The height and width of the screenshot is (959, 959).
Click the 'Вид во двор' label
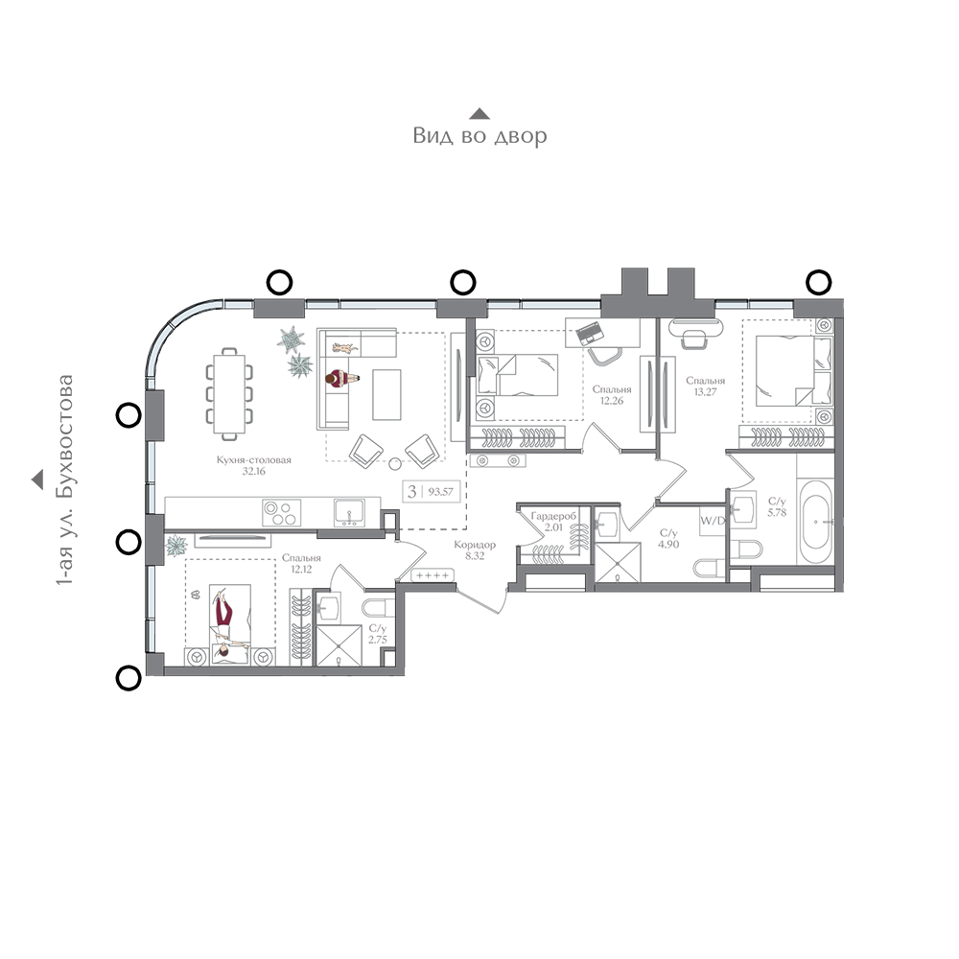point(479,135)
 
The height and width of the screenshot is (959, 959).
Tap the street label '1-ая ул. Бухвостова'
point(64,480)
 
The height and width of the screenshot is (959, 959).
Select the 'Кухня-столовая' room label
point(254,460)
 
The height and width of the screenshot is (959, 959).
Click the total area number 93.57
point(440,491)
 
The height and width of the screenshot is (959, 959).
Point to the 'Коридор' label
point(475,545)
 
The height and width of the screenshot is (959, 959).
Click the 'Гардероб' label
point(553,516)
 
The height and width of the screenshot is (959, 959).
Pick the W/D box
point(713,521)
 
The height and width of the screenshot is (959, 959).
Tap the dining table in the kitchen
point(229,394)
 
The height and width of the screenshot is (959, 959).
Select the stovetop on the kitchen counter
point(281,512)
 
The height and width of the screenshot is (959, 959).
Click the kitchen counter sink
point(349,512)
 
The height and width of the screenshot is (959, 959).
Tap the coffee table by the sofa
point(386,394)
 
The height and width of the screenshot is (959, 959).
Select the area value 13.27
point(705,392)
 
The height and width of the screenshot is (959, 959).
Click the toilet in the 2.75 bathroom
point(378,608)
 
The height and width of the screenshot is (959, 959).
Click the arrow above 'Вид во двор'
point(479,114)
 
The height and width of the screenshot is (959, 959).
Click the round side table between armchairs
point(395,463)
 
